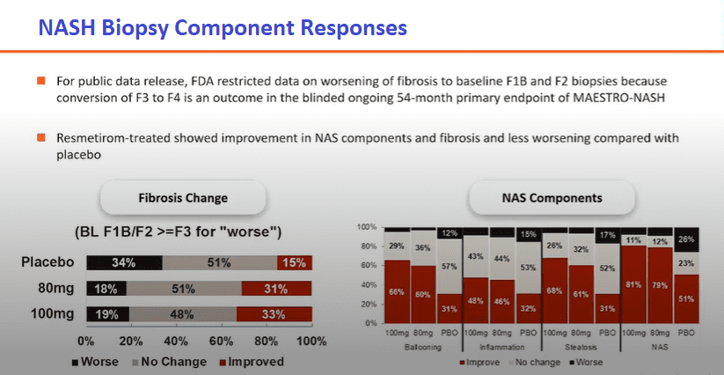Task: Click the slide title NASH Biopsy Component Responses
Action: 223,27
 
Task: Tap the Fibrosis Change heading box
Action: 183,198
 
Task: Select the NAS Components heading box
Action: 552,198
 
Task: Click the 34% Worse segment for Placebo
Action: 125,263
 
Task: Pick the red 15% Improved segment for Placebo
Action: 295,263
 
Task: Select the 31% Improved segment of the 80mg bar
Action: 276,289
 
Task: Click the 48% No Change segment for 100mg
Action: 183,314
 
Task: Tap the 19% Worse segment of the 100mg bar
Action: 108,314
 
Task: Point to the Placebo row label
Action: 48,262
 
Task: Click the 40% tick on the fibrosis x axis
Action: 177,342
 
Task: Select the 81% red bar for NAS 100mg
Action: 633,284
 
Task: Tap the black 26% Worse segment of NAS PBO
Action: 686,239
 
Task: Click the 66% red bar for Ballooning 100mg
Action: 397,292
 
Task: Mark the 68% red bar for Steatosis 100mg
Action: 555,291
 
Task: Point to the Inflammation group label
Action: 502,346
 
